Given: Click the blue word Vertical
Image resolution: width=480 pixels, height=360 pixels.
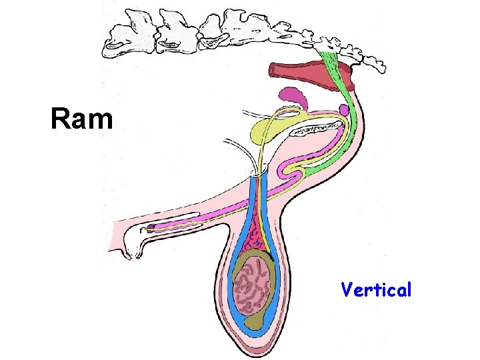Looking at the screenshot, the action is point(376,290).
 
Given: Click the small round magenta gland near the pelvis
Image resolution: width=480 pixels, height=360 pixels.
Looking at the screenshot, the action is point(344,109).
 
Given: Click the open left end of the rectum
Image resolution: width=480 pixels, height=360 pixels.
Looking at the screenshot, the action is point(273,68).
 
